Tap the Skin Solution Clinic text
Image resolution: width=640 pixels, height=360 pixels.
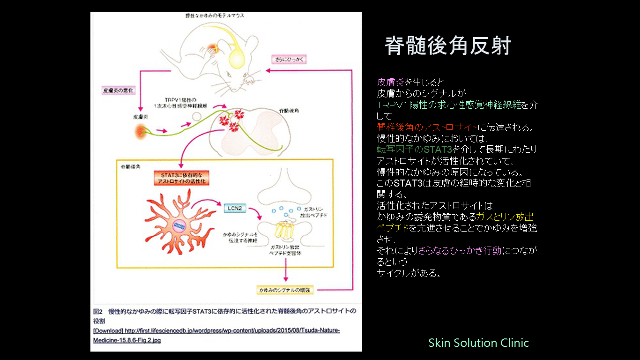click(478, 343)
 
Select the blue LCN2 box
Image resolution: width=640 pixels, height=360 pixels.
click(234, 208)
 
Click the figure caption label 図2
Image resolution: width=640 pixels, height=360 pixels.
click(98, 311)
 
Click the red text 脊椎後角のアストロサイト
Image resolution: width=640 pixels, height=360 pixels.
click(427, 127)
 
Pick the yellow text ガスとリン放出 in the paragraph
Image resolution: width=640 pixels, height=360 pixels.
click(505, 217)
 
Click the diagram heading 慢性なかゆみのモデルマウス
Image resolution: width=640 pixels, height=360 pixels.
click(214, 16)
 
